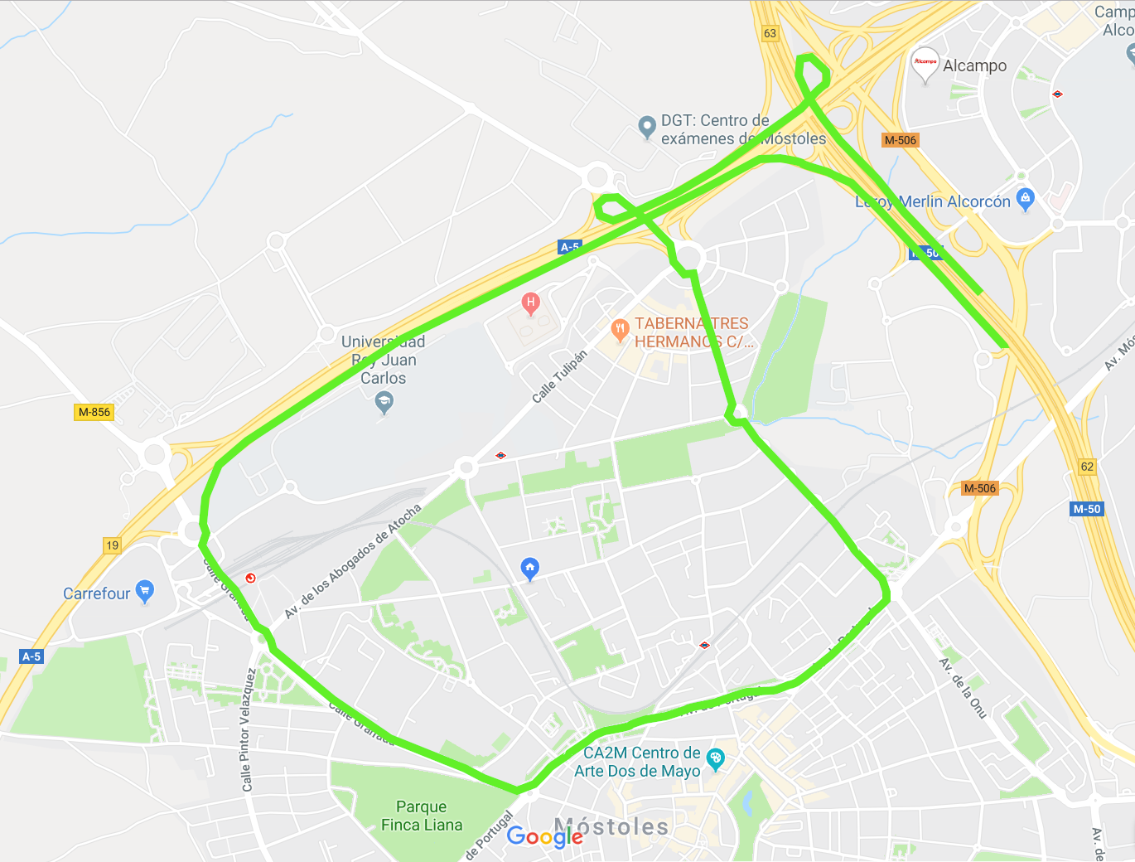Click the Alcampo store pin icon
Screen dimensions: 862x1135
pos(925,63)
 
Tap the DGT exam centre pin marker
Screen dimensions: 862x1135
pos(647,127)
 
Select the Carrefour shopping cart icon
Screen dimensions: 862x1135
pos(145,591)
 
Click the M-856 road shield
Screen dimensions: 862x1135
pos(94,412)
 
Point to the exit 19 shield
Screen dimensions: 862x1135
pos(112,545)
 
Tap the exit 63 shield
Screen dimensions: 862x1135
pos(770,33)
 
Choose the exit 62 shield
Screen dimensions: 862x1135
pos(1087,467)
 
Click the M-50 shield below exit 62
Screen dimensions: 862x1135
pos(1087,509)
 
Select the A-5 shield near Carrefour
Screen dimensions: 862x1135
pos(31,656)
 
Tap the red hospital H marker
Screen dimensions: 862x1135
pos(531,303)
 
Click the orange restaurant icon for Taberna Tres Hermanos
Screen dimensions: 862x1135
pos(620,330)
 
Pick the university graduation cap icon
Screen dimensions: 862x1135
pos(384,403)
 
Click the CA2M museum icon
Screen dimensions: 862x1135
pos(716,758)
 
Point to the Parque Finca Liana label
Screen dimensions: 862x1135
pos(421,816)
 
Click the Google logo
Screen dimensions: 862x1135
pos(544,836)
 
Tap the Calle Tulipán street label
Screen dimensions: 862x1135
pos(560,376)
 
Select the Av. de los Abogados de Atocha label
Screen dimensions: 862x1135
pos(352,561)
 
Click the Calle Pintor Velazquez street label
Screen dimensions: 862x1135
pos(246,729)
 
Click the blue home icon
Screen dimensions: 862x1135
pos(530,568)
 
